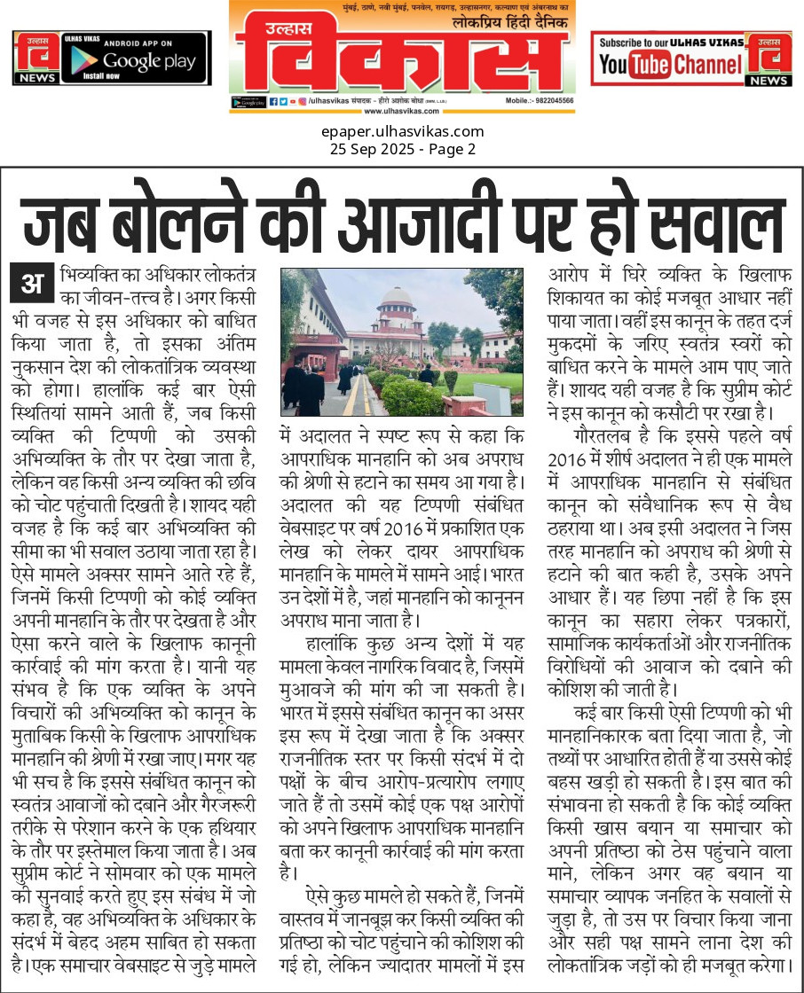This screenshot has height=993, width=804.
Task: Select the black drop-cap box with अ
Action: (33, 285)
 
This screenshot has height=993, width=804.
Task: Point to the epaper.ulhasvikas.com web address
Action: (402, 132)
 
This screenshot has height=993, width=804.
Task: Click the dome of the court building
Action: (396, 297)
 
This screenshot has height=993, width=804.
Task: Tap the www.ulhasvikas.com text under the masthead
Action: (402, 111)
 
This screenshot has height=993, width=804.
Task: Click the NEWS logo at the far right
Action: (769, 59)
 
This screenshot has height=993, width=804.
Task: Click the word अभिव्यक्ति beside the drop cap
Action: (92, 273)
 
